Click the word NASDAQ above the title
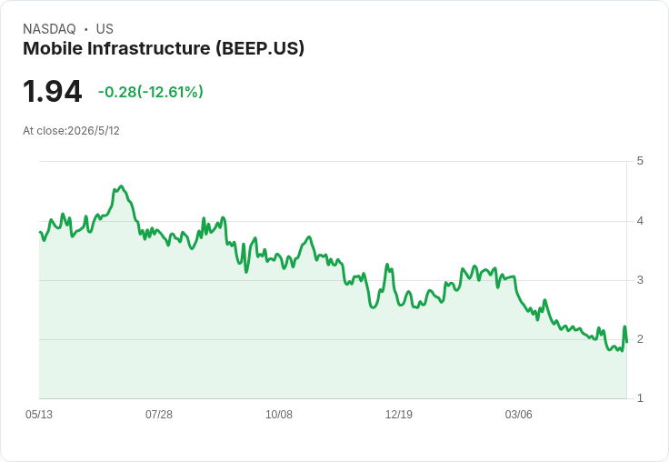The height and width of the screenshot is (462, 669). (49, 29)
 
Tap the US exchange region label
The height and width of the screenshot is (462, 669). (105, 29)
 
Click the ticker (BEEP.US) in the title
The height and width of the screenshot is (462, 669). (260, 49)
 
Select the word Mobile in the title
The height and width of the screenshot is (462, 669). (53, 48)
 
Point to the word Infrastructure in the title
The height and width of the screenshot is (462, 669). (149, 48)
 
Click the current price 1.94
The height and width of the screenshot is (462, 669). (53, 91)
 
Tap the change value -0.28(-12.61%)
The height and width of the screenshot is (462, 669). (151, 92)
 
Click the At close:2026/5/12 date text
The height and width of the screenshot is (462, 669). (71, 131)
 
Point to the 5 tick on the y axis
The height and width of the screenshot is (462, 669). (640, 161)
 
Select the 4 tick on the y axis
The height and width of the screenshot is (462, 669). (640, 221)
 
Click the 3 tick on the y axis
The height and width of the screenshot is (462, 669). (640, 280)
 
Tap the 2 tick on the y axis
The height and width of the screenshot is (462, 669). (640, 339)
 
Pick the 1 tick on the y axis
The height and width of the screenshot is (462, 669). (640, 398)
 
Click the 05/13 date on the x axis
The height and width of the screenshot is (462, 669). (39, 415)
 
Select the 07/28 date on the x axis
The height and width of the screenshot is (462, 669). (159, 415)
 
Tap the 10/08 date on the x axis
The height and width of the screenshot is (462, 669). (279, 415)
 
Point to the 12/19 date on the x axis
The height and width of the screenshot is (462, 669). (399, 415)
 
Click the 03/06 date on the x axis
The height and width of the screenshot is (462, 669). (519, 415)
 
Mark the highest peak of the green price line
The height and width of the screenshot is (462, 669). (122, 186)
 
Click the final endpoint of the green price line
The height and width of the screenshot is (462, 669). (626, 342)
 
